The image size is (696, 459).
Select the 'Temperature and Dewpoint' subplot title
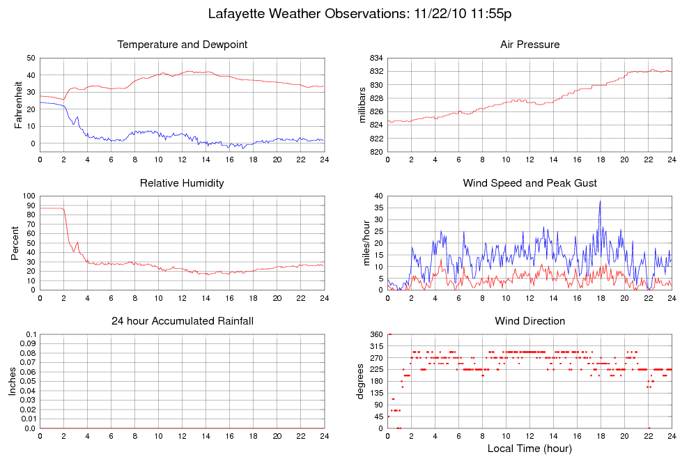coord(182,45)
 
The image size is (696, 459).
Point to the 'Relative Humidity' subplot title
coord(182,183)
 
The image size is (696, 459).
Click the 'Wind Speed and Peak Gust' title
coord(529,183)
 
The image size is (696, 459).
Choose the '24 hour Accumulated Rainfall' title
coord(182,321)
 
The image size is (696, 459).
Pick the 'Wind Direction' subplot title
coord(529,321)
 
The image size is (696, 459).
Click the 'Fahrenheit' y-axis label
coord(19,105)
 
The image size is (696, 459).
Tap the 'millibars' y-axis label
coord(362,105)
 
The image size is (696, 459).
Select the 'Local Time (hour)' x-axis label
coord(529,448)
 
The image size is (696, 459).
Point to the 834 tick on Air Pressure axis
coord(376,58)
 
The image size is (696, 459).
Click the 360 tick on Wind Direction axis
coord(376,335)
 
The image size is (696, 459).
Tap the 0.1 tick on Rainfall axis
coord(31,335)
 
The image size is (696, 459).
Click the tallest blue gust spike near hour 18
coord(600,201)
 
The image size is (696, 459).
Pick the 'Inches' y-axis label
coord(12,382)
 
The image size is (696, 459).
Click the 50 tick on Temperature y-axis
coord(31,58)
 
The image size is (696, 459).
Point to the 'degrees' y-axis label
coord(362,382)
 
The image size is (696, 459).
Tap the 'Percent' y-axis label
coord(15,243)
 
